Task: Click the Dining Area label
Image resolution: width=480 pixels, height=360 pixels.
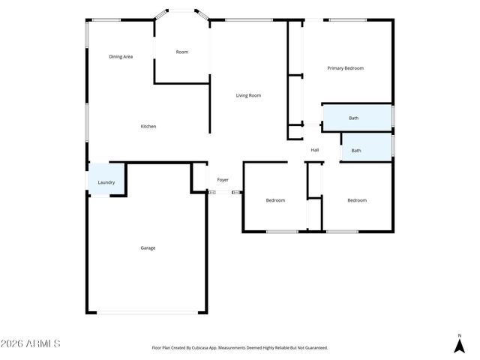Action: pos(121,56)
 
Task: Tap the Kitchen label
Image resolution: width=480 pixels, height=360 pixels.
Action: pos(148,126)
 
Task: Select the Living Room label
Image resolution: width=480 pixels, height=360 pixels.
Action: pos(248,95)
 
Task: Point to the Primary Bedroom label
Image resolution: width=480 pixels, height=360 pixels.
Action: pos(345,68)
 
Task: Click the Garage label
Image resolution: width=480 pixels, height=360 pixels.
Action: pos(148,247)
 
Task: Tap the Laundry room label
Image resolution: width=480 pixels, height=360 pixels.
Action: pos(106,182)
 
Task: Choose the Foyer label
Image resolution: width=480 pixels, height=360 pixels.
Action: pos(223,180)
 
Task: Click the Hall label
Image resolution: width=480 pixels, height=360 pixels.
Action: pos(315,150)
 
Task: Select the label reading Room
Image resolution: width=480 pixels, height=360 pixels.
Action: pos(181,52)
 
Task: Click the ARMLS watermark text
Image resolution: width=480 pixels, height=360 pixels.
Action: pos(31,343)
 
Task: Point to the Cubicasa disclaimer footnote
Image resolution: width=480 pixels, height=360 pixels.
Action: pos(240,348)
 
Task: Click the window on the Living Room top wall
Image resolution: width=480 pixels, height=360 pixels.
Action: pos(238,20)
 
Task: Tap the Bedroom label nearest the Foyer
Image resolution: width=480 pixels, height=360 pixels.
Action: pos(275,200)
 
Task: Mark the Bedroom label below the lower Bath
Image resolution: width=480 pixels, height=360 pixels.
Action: pos(356,200)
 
